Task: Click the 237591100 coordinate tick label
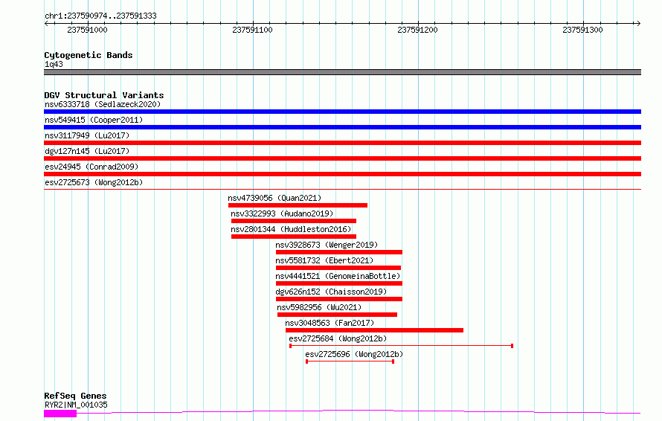[252, 30]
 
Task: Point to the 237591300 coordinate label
[582, 30]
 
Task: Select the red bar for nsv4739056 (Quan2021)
[298, 205]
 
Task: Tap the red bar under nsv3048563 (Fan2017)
[374, 330]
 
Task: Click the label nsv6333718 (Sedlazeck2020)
[103, 104]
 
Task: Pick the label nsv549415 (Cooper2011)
[94, 120]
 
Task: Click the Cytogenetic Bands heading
[89, 55]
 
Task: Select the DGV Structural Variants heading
[104, 95]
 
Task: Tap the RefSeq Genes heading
[75, 396]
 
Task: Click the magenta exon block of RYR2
[60, 414]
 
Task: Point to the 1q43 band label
[54, 64]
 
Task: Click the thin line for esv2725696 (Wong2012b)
[350, 361]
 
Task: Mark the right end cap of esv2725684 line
[512, 346]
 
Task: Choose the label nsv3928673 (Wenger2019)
[327, 245]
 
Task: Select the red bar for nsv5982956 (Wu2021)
[338, 315]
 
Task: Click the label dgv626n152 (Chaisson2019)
[331, 292]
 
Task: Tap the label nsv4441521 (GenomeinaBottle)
[338, 276]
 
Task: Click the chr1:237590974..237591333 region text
[100, 16]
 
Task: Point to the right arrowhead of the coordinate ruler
[639, 23]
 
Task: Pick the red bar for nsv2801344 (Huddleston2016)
[294, 237]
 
